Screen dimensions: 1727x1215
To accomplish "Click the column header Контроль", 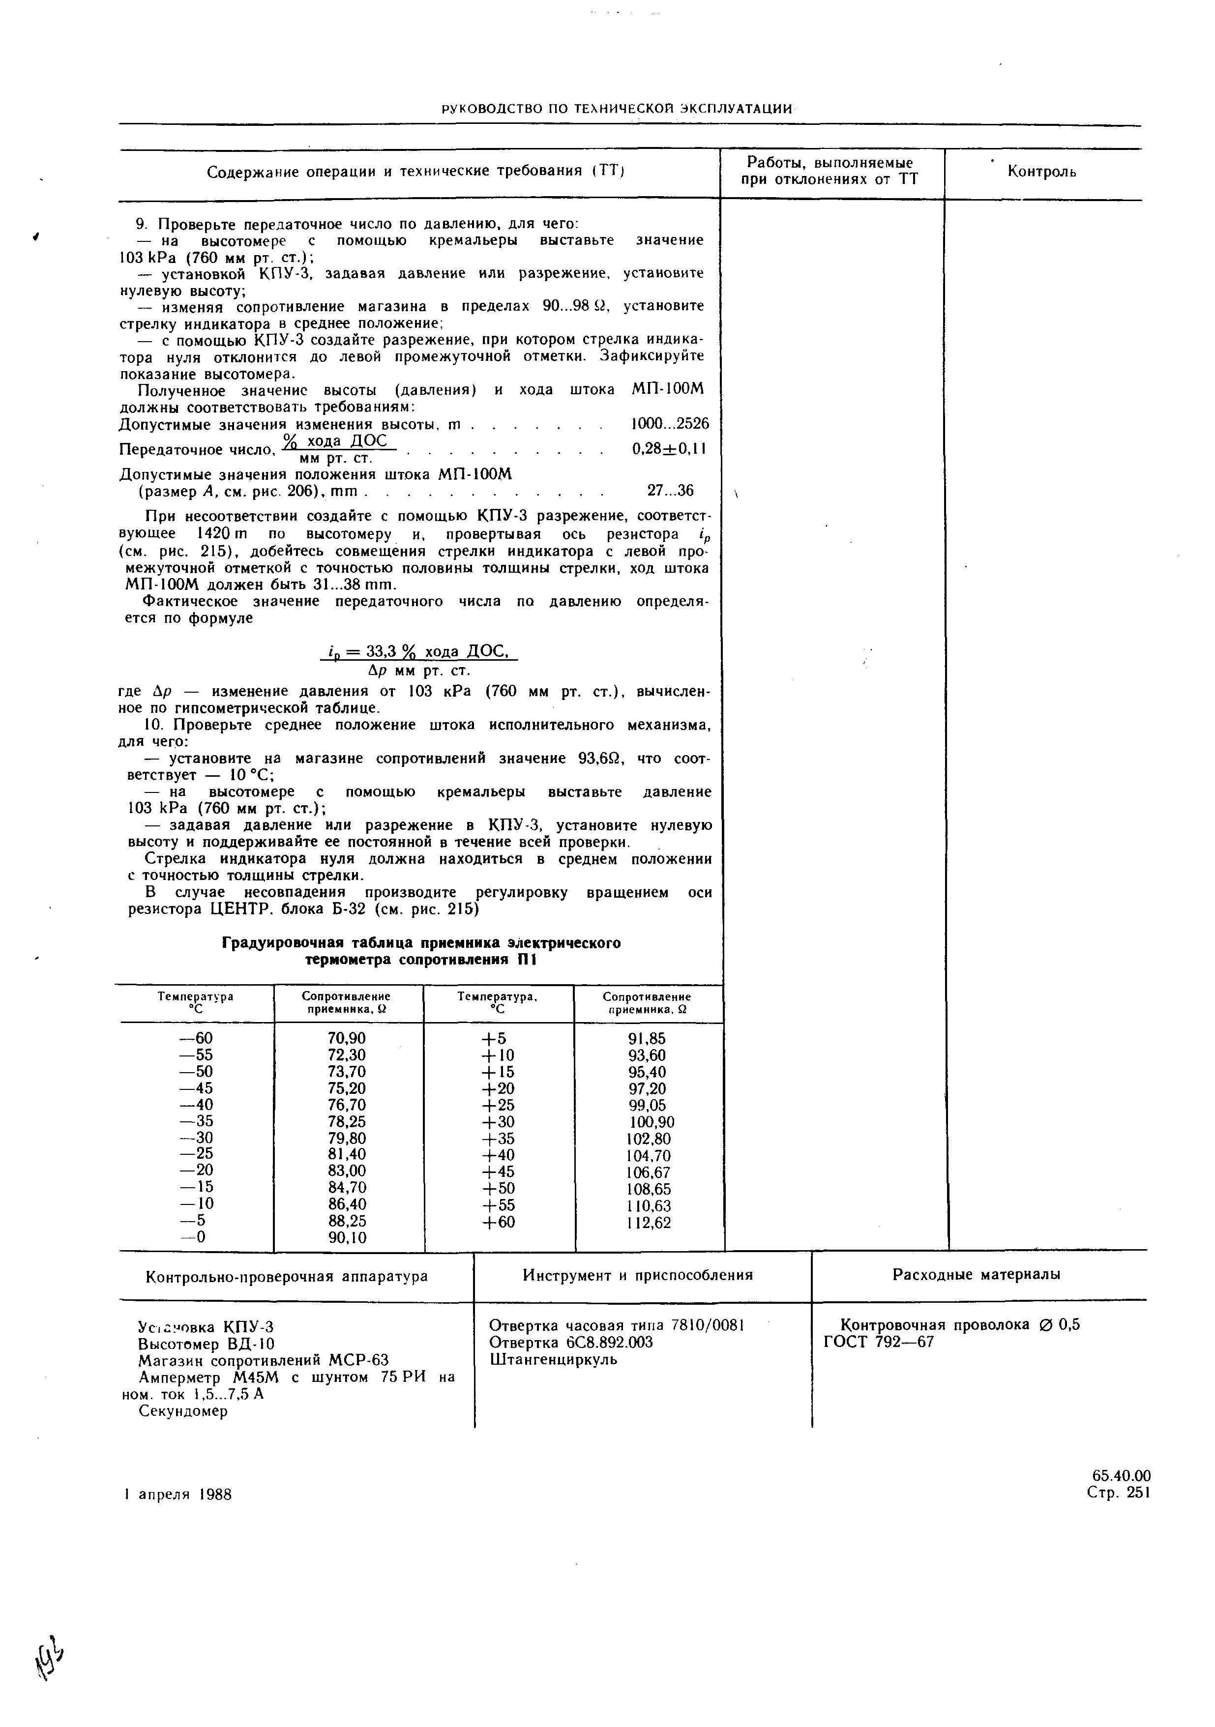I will tap(1041, 172).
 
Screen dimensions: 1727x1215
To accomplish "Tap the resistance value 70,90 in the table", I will tap(346, 1039).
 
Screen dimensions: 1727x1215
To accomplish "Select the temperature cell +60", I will tap(498, 1223).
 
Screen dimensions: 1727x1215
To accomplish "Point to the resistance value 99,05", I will tap(647, 1105).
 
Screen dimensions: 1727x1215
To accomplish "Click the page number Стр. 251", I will tap(1118, 1493).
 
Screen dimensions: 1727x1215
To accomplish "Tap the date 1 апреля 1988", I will tap(178, 1494).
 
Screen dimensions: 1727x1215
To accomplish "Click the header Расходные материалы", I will tap(977, 1275).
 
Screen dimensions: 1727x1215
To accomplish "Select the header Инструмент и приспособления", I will tap(637, 1275).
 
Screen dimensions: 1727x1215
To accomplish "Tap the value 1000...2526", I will tap(669, 424).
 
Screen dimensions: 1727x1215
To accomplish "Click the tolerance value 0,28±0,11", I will tap(668, 449).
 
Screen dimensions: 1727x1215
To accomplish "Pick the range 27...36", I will tap(670, 491).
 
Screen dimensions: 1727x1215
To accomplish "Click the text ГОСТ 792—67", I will tap(878, 1342).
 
